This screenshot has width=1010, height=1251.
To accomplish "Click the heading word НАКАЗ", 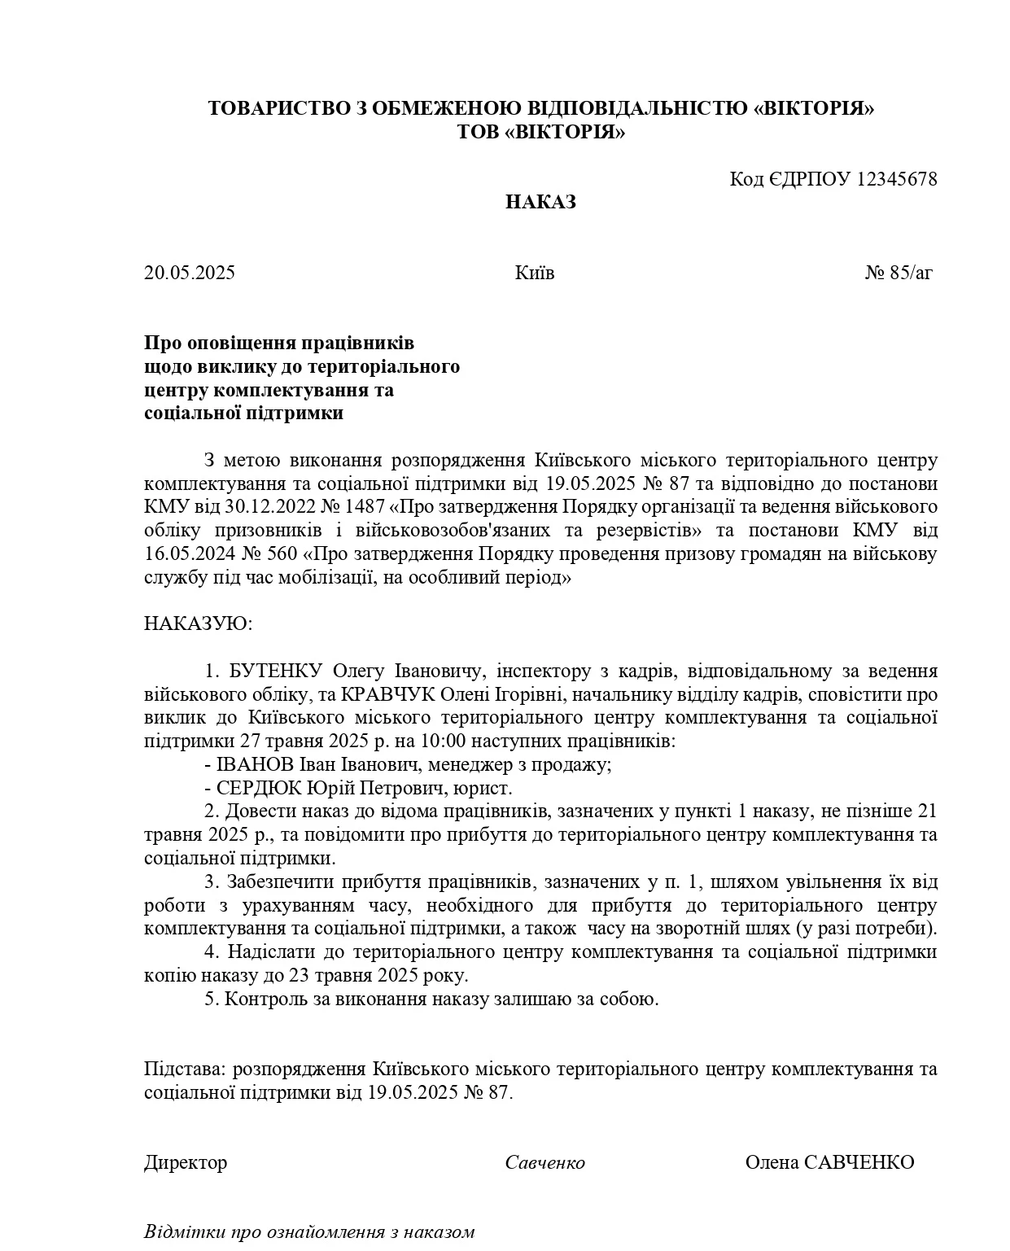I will click(x=540, y=202).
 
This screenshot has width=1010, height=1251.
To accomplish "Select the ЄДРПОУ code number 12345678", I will click(x=897, y=179).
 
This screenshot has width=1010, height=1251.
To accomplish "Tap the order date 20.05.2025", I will click(x=190, y=273).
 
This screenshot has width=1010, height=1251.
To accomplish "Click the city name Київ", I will click(x=535, y=273).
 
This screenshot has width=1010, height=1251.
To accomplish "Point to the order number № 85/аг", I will click(x=899, y=273).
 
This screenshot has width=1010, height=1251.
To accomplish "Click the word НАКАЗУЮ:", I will click(x=199, y=624).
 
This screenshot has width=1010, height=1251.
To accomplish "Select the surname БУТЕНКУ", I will click(x=278, y=671).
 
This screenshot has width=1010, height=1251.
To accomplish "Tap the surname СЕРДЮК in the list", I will click(x=260, y=789).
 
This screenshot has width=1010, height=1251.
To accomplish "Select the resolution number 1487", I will click(x=365, y=507).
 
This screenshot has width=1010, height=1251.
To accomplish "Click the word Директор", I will click(x=186, y=1162).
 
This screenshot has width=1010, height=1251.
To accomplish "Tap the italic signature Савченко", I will click(x=544, y=1162).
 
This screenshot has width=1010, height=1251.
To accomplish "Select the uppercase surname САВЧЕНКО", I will click(x=859, y=1162).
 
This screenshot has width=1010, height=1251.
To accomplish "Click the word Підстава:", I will click(x=185, y=1069).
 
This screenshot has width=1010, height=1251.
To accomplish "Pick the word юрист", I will click(x=487, y=789).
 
